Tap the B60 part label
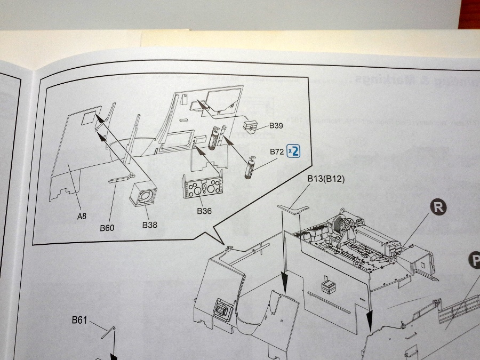[x=107, y=228]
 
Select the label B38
[x=150, y=225]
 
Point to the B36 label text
[x=204, y=211]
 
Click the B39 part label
[x=276, y=126]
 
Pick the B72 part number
[x=276, y=152]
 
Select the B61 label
[x=80, y=320]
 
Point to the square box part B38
[x=143, y=195]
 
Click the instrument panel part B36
[x=203, y=188]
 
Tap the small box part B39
[x=250, y=126]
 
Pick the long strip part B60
[x=121, y=180]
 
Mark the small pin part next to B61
[x=108, y=332]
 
